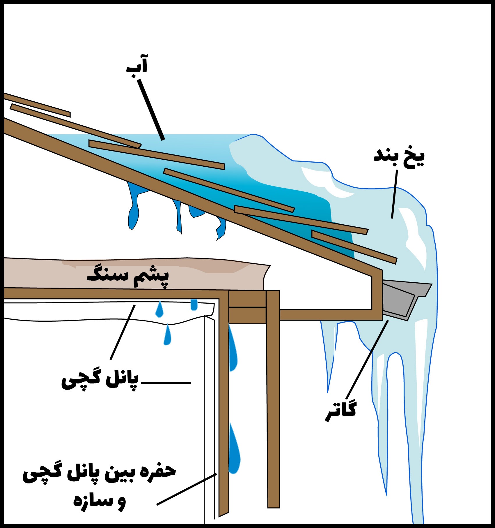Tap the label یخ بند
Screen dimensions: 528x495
(399, 157)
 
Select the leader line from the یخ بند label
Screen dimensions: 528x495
(394, 194)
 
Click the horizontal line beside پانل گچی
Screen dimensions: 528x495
(166, 382)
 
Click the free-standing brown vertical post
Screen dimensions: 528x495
(273, 408)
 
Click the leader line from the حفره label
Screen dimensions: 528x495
(186, 490)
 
